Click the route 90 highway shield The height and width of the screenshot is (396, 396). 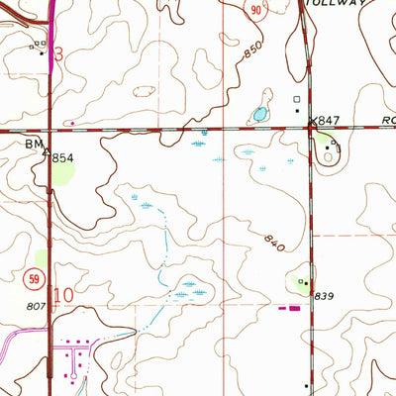255,9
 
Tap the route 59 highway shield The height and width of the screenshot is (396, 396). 36,280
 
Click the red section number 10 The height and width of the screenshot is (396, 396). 64,294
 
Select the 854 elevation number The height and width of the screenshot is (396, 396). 64,157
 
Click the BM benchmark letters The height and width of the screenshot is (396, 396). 34,144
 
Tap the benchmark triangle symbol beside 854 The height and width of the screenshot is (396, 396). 47,151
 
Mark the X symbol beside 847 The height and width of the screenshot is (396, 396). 314,121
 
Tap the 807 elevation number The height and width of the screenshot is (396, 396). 36,307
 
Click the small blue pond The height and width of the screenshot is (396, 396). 259,114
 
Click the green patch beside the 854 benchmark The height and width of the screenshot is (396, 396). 64,175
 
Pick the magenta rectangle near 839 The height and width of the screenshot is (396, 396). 294,307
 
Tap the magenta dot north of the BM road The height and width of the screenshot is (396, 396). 83,124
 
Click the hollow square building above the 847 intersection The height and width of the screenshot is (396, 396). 294,99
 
